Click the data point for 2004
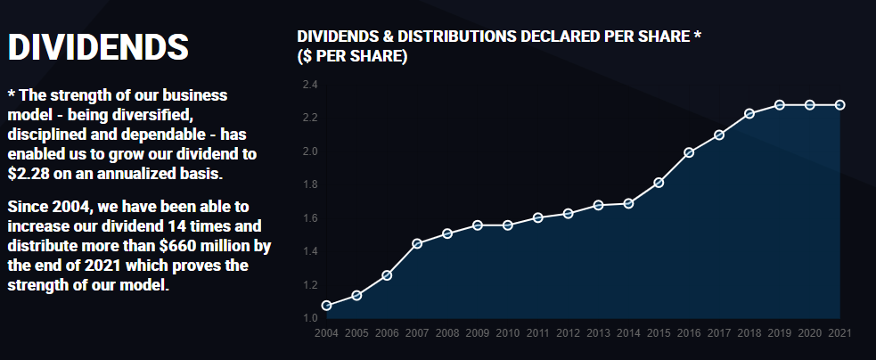click(x=326, y=306)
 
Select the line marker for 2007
click(x=417, y=243)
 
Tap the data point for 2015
click(x=659, y=183)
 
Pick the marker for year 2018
click(x=749, y=113)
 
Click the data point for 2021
click(x=839, y=105)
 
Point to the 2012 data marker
click(x=569, y=214)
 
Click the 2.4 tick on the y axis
click(x=310, y=85)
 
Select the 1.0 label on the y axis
click(x=310, y=318)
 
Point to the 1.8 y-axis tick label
click(x=310, y=184)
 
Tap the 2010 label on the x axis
click(x=508, y=333)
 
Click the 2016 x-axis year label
click(x=689, y=333)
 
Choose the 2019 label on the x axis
click(x=780, y=333)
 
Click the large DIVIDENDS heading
click(x=98, y=48)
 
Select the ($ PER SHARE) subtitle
click(x=352, y=56)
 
